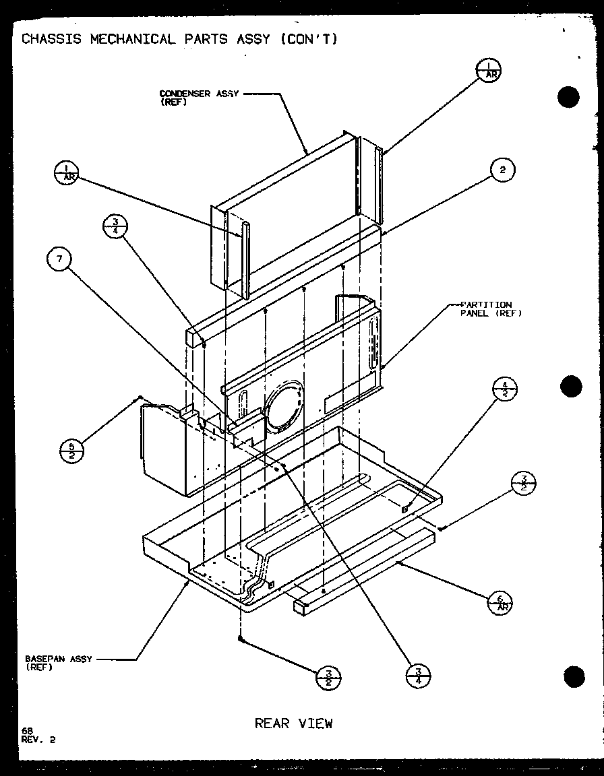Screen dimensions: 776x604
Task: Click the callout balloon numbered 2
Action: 502,171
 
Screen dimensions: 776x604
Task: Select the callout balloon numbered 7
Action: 60,260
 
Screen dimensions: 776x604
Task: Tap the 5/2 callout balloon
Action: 71,450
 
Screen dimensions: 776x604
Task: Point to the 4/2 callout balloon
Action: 508,391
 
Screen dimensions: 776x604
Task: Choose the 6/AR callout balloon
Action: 500,602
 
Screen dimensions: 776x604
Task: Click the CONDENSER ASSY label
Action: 199,94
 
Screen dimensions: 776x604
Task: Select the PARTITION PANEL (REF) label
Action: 491,309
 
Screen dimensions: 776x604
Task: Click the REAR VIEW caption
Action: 293,723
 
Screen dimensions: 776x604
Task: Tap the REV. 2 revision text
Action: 38,739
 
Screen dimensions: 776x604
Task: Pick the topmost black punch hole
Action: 568,98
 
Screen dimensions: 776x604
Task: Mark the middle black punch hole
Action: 570,387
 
